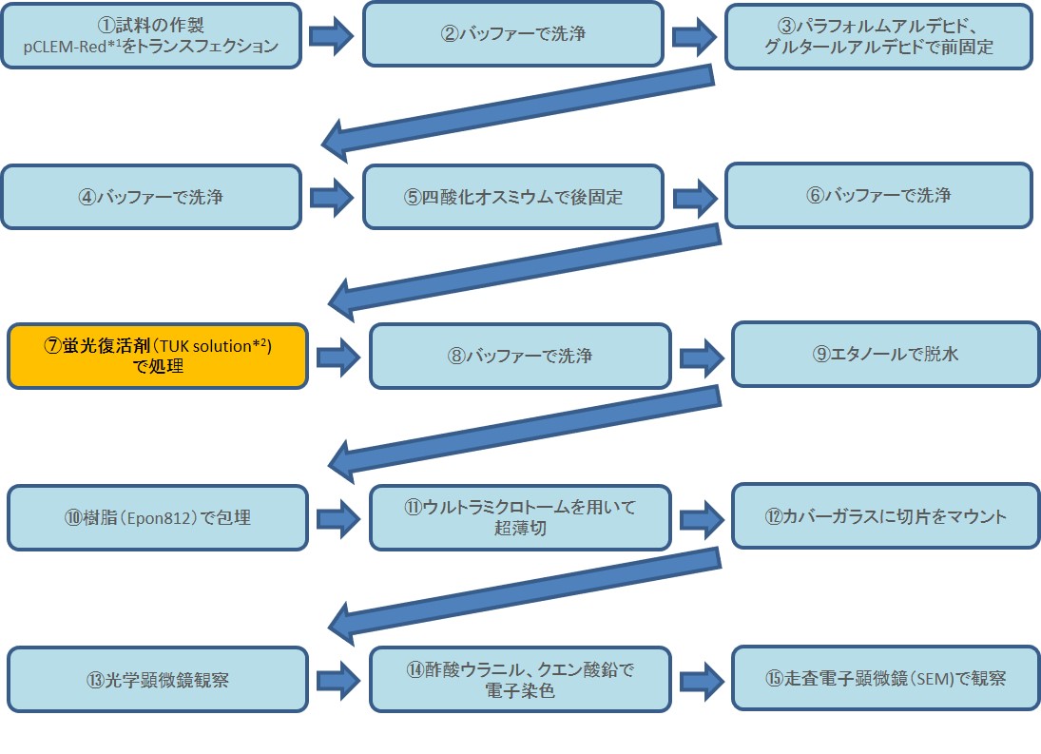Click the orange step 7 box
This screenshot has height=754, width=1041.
[x=158, y=356]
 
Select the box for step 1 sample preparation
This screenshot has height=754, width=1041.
[x=151, y=35]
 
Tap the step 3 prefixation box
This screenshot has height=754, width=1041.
[x=878, y=35]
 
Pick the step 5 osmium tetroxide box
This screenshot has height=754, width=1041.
[x=512, y=197]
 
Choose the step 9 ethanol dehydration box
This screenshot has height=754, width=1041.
[x=885, y=354]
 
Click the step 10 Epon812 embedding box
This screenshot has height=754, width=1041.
[x=158, y=517]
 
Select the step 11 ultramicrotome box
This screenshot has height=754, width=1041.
[x=520, y=517]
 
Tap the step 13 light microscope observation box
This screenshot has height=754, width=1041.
[x=158, y=679]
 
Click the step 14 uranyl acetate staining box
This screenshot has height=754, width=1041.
[x=520, y=679]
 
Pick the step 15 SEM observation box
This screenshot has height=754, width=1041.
[x=885, y=677]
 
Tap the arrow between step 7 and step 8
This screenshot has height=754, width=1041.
[x=338, y=357]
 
